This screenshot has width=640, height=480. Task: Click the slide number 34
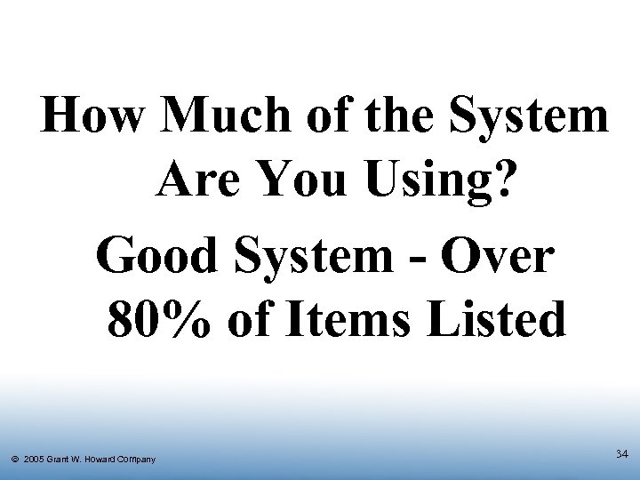tap(621, 454)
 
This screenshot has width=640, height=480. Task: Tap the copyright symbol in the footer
tap(15, 460)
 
